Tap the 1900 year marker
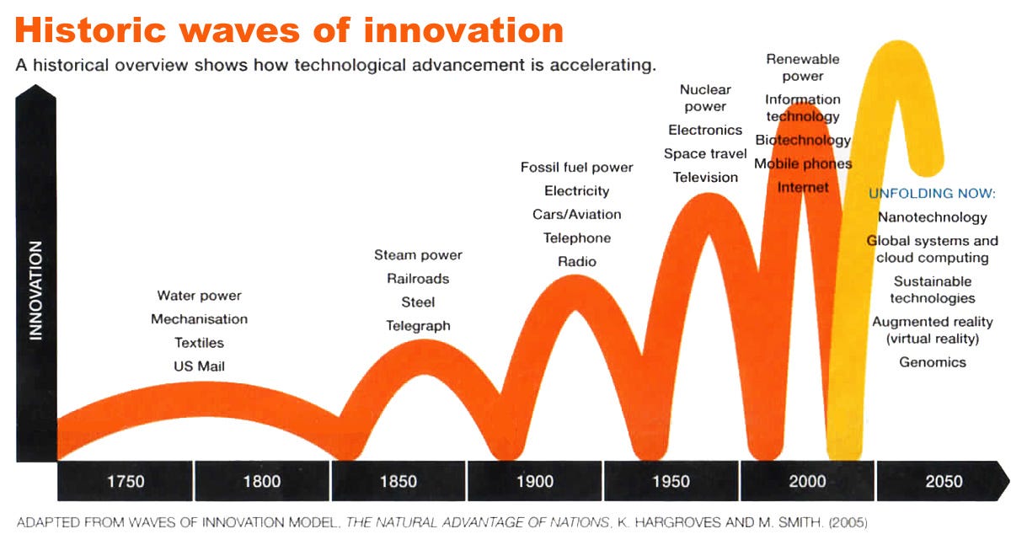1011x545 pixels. pos(535,482)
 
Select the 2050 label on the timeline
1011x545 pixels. pos(944,482)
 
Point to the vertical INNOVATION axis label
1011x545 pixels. pos(35,291)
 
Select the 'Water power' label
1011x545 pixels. pos(199,296)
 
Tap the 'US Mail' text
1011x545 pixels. pos(199,366)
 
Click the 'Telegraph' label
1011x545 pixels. pos(418,326)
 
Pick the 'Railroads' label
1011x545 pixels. pos(418,279)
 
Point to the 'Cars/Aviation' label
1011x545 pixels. pos(576,215)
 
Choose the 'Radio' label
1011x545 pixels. pos(576,262)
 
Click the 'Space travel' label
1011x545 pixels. pos(705,154)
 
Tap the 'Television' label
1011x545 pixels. pos(705,178)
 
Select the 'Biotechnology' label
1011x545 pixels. pos(803,140)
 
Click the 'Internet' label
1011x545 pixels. pos(803,187)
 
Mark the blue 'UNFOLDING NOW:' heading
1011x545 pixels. pos(932,194)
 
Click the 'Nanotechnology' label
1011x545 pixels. pos(932,217)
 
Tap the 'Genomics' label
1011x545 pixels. pos(932,362)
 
